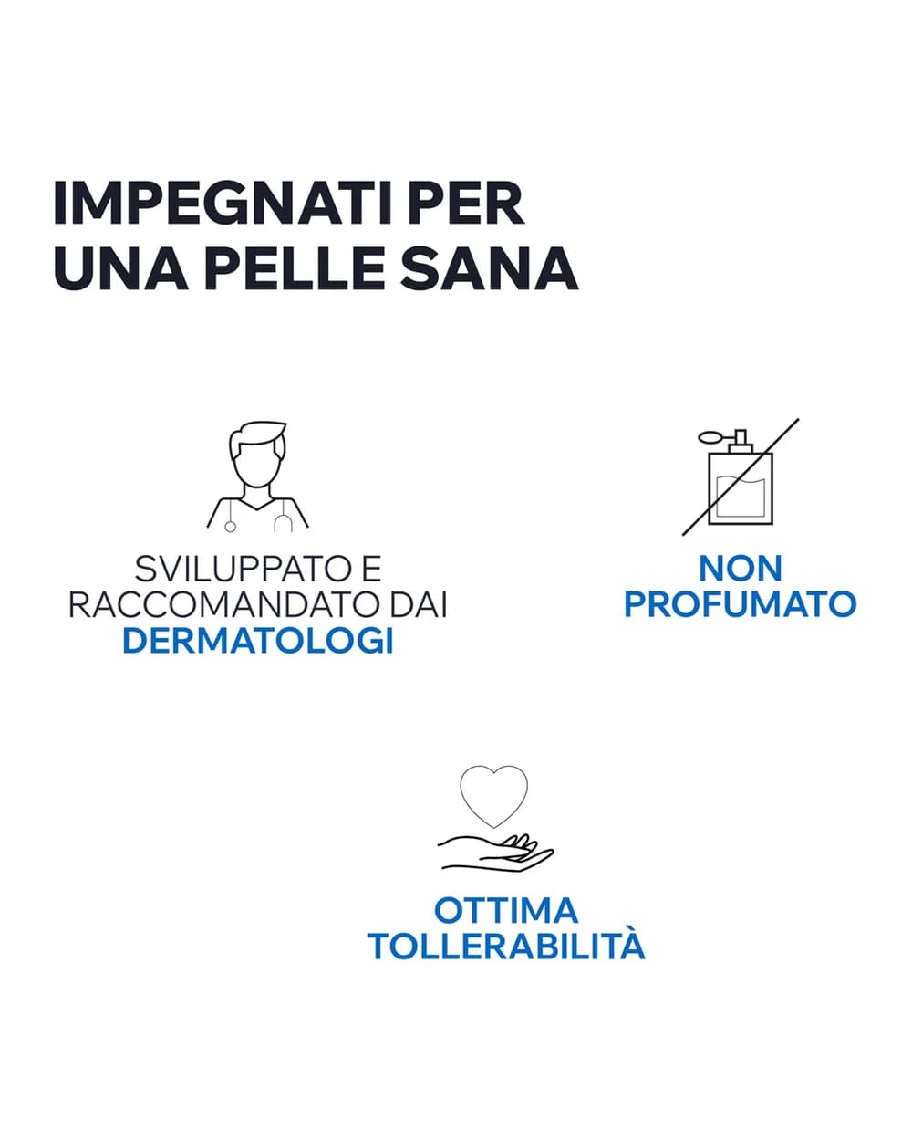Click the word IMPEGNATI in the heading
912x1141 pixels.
point(223,204)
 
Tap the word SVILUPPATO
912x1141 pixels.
point(244,569)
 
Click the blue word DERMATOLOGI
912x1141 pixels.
point(258,641)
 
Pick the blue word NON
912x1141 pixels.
point(741,569)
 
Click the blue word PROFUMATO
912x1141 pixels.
point(741,604)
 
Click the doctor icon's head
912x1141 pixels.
point(257,456)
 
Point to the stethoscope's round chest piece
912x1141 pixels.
point(230,527)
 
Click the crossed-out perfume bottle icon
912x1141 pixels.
point(741,477)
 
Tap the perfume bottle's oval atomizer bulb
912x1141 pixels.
point(709,438)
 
